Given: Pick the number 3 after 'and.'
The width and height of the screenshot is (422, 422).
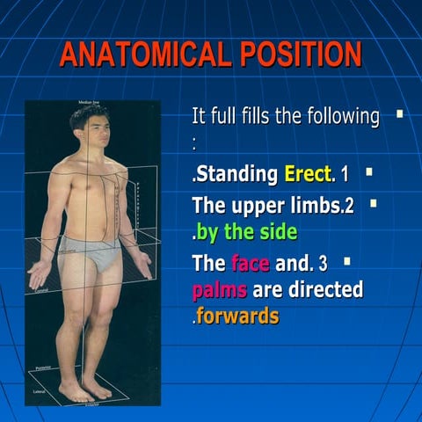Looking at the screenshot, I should click(x=324, y=263).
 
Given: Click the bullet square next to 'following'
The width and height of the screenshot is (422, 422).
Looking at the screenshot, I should click(x=400, y=113).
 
